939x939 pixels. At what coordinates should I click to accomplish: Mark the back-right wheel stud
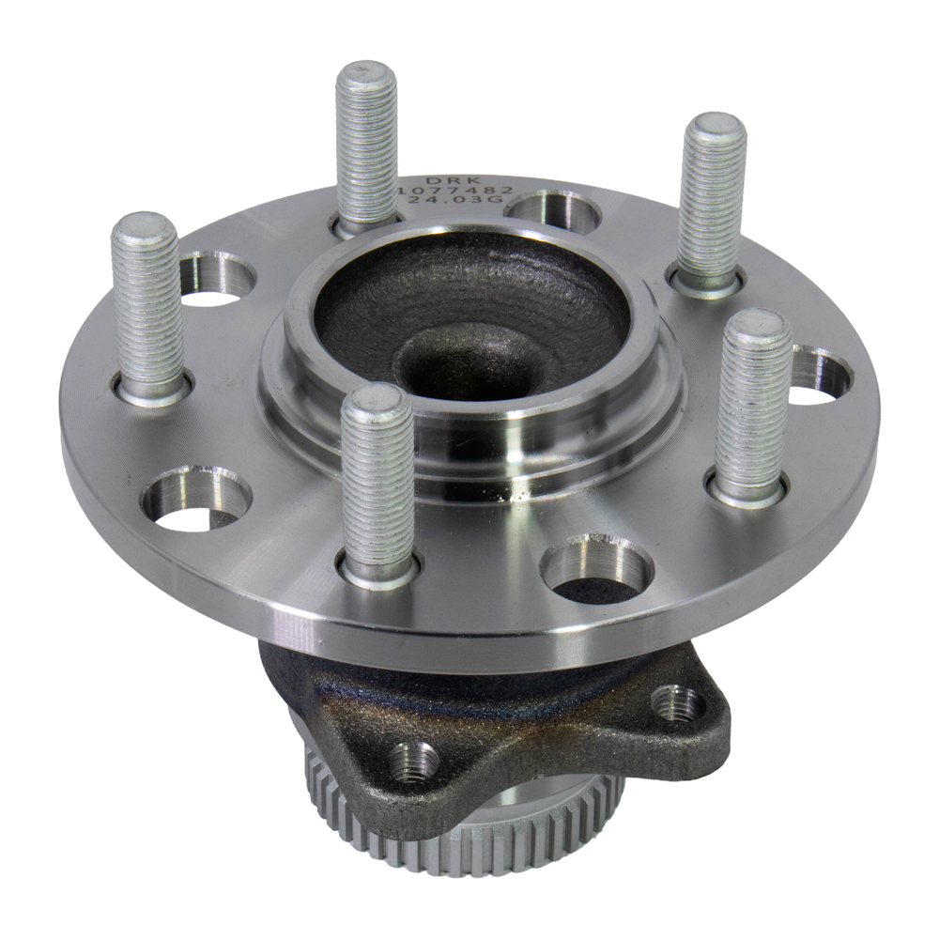[x=713, y=203]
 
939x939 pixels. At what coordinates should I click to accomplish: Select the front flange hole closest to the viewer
[x=595, y=566]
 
